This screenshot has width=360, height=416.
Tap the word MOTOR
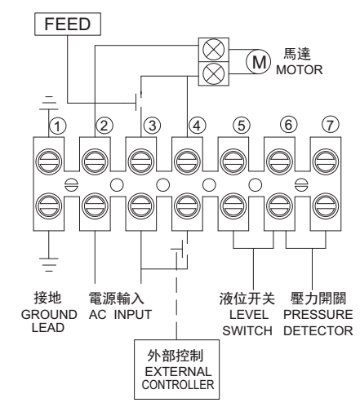300,70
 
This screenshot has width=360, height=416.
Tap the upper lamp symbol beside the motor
214,50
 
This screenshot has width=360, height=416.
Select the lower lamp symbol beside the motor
214,73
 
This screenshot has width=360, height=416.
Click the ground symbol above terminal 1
49,103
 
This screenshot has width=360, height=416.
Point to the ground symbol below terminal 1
49,264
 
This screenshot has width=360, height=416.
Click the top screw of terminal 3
141,162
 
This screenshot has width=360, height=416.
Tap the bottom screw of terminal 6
279,206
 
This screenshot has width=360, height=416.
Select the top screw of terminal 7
326,162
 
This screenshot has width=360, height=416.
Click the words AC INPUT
120,315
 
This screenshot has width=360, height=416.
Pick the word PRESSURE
318,315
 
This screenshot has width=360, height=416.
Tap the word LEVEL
249,315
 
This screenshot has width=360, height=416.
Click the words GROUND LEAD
49,321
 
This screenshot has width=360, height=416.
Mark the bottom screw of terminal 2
95,206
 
